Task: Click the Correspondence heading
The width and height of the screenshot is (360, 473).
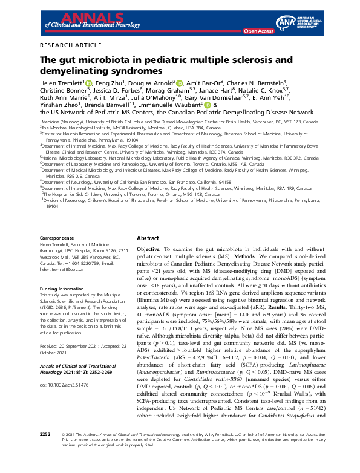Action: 58,238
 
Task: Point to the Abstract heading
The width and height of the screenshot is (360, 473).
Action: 148,239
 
